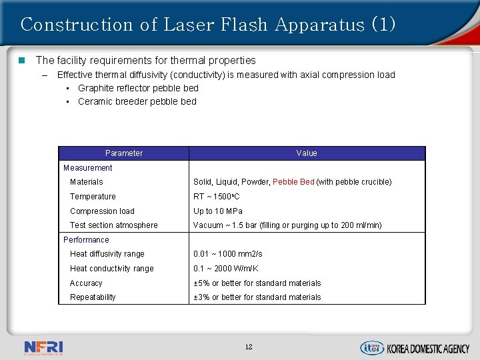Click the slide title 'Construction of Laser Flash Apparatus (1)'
point(208,25)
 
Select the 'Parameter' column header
point(124,153)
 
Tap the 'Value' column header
point(307,153)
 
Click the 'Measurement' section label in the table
point(87,168)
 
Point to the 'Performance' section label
point(86,240)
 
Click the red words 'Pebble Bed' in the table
point(293,182)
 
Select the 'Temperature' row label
point(93,197)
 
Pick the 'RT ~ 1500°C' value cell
point(217,197)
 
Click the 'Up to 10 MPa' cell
point(218,211)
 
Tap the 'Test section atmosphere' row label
point(114,225)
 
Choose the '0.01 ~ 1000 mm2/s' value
point(228,254)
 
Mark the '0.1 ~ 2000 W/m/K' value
point(226,269)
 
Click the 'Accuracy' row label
point(86,283)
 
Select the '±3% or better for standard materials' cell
point(257,297)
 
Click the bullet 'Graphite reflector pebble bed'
point(138,88)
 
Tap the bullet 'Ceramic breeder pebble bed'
point(137,101)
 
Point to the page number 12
point(249,347)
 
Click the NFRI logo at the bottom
point(43,347)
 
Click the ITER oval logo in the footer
point(371,347)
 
